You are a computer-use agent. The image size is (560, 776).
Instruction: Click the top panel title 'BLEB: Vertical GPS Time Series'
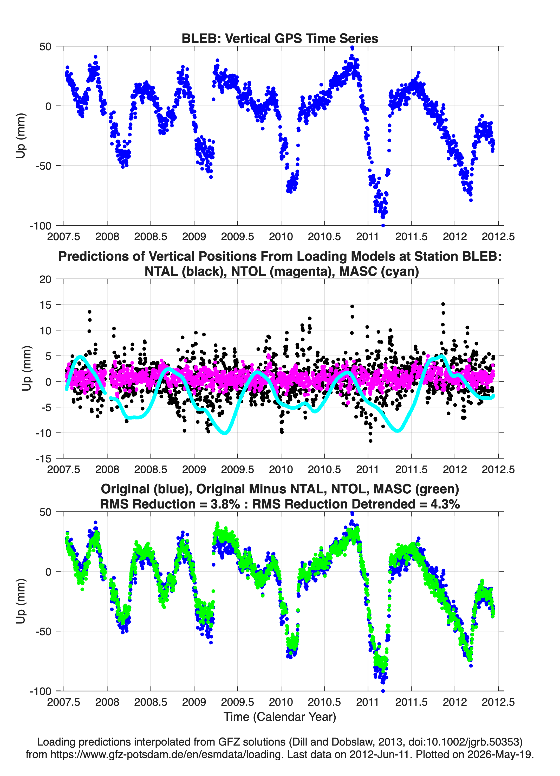click(280, 38)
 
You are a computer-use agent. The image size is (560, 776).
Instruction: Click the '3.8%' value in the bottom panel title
click(225, 504)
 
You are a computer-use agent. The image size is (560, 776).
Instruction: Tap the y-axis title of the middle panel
click(27, 368)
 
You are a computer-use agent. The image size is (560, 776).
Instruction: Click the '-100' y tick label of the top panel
click(40, 226)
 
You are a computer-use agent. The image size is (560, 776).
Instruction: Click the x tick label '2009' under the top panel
click(194, 237)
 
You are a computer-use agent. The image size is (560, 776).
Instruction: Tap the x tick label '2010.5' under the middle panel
click(324, 469)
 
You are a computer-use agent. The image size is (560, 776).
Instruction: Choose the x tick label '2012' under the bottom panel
click(455, 702)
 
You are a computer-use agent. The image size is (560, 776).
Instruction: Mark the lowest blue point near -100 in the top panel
click(383, 225)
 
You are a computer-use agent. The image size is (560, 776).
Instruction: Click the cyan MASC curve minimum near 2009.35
click(225, 433)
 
